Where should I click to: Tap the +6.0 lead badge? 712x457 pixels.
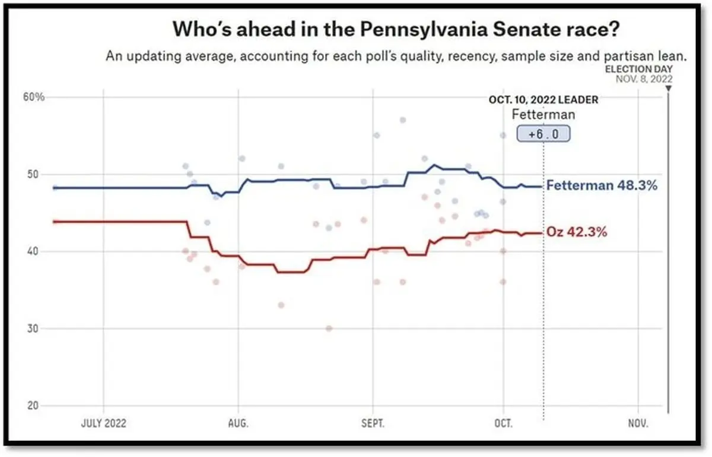click(543, 134)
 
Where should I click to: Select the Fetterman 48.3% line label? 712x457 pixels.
click(602, 185)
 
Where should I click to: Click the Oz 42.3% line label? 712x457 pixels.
click(577, 232)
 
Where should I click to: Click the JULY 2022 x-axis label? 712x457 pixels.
click(103, 424)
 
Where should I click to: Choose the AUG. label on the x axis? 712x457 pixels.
click(239, 424)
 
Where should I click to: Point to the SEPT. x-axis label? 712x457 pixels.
click(373, 424)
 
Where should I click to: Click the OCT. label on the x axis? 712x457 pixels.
click(503, 424)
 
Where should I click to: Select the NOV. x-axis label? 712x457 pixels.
click(638, 424)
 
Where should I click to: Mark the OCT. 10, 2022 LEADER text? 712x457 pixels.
click(543, 100)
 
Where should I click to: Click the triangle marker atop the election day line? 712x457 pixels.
click(669, 89)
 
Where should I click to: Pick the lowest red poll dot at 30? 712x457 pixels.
click(329, 328)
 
